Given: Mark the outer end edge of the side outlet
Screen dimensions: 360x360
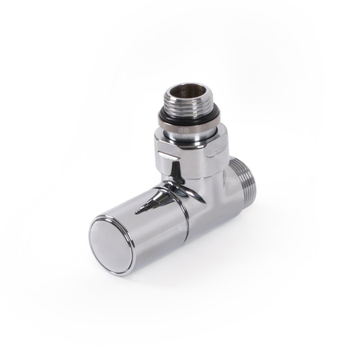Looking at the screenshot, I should click(x=250, y=181).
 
